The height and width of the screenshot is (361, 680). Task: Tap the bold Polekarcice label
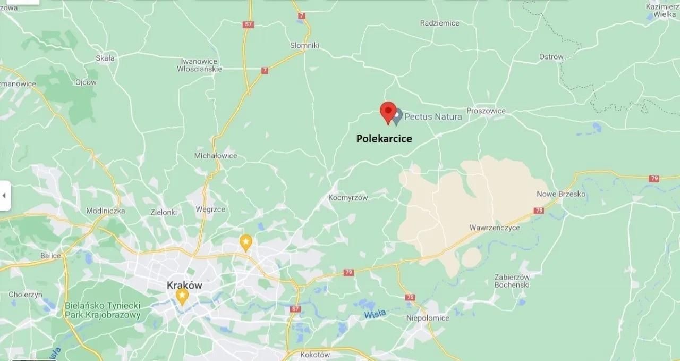click(384, 139)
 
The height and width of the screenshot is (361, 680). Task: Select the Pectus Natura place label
click(433, 116)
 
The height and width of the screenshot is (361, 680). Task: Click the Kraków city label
click(184, 285)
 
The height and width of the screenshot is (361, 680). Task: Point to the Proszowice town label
click(486, 111)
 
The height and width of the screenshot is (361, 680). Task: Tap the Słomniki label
click(305, 46)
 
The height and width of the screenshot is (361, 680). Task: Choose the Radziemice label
click(439, 23)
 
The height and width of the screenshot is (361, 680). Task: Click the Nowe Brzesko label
click(561, 194)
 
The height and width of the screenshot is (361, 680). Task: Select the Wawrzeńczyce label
click(495, 228)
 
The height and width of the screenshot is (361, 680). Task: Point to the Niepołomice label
click(427, 318)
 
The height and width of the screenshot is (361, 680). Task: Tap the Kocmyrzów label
click(348, 198)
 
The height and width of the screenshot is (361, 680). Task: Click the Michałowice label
click(216, 156)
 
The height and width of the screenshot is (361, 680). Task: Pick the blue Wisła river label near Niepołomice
click(375, 314)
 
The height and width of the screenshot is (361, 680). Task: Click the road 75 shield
click(410, 297)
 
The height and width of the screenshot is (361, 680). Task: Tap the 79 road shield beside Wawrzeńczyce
click(539, 211)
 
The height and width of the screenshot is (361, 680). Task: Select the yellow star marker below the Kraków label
click(182, 296)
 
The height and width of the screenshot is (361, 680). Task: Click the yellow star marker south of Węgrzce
click(245, 242)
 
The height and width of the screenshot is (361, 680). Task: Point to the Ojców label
click(86, 82)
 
